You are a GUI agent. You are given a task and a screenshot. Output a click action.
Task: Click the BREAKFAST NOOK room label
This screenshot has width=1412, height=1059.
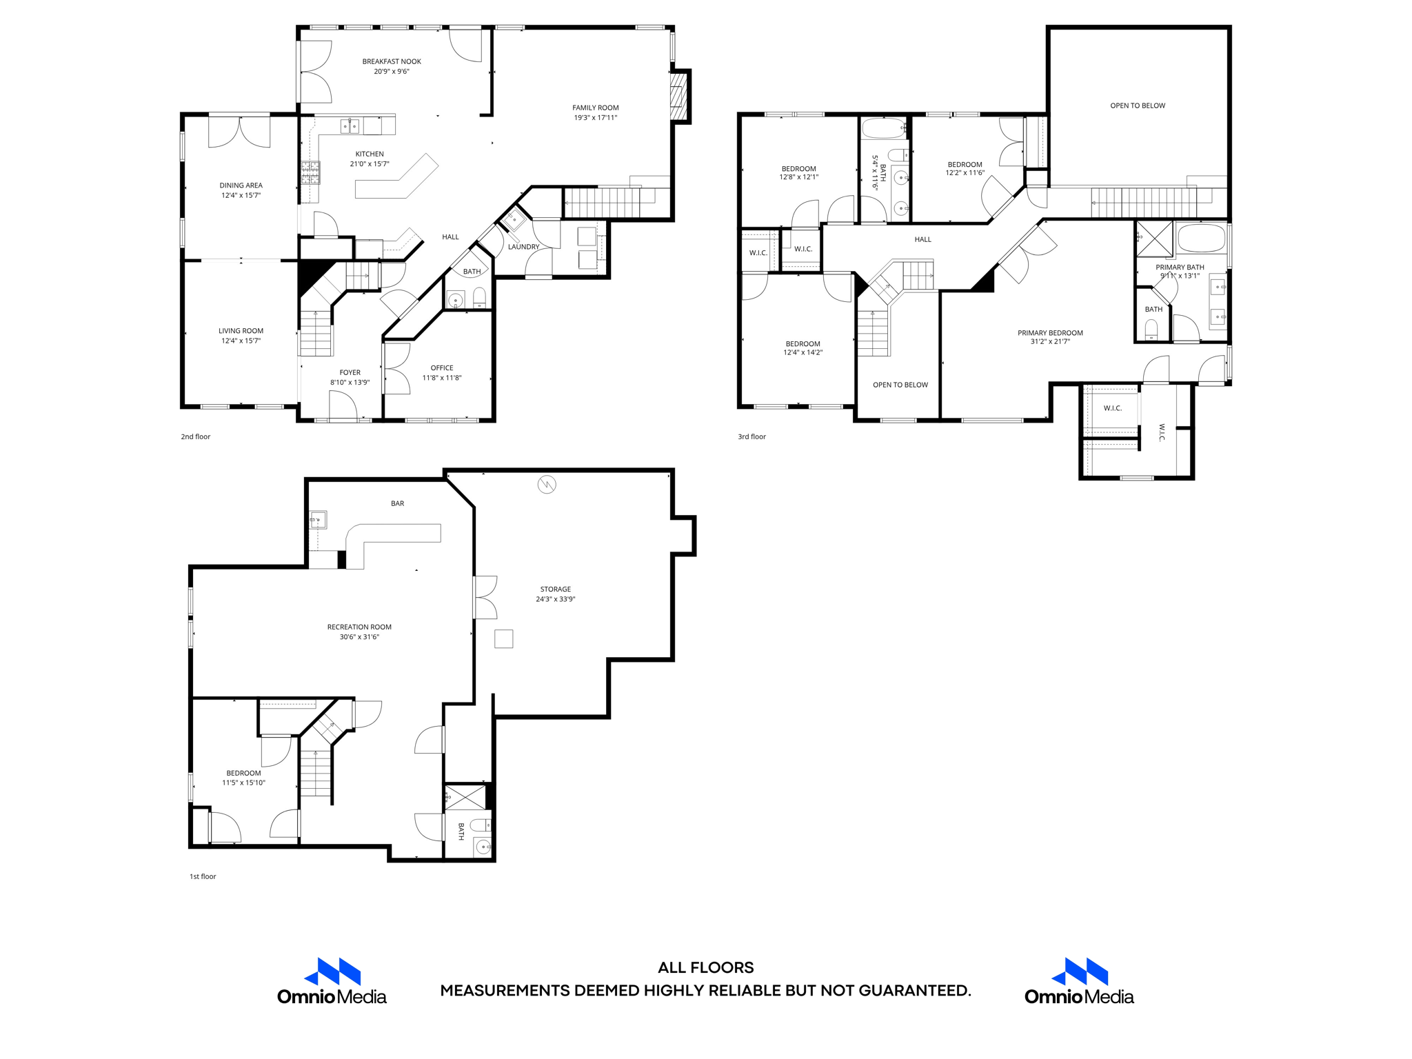[x=392, y=61]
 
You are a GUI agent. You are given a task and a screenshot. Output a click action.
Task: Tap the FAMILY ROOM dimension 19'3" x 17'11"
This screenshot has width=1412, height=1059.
[x=595, y=118]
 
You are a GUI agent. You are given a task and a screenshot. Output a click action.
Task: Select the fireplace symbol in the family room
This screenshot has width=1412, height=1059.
[x=679, y=97]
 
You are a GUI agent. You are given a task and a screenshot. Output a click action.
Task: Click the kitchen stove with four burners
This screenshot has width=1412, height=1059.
[x=310, y=172]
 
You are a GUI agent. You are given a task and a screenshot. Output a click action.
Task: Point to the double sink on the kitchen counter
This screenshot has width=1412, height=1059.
[x=350, y=126]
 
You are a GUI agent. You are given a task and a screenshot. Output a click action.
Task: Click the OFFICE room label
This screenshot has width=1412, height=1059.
[x=442, y=367]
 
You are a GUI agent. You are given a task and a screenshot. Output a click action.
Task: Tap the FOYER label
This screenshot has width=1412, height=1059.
[x=350, y=372]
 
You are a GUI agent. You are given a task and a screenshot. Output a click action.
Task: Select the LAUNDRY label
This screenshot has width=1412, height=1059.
[x=523, y=247]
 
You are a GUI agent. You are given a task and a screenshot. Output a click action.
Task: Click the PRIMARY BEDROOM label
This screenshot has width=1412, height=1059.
[x=1050, y=333]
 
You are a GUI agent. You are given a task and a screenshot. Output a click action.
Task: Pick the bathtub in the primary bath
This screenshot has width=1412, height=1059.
[x=1201, y=239]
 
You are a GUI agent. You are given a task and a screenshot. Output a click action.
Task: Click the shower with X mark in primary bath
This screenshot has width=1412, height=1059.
[x=1154, y=239]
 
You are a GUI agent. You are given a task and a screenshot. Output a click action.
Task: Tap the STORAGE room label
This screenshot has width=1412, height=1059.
[x=555, y=589]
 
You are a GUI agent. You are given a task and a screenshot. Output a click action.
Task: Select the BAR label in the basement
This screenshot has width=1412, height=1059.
[x=397, y=503]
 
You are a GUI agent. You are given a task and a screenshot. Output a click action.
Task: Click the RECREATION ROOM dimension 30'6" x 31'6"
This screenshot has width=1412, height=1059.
[x=359, y=637]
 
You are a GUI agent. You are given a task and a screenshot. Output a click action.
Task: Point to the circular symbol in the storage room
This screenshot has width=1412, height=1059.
[x=547, y=485]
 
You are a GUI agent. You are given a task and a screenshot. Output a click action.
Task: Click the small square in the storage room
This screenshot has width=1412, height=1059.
[x=504, y=638]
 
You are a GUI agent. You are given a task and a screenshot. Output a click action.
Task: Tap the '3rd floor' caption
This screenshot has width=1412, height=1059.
[x=752, y=436]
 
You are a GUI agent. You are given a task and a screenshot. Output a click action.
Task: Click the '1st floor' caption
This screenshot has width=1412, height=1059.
[x=203, y=876]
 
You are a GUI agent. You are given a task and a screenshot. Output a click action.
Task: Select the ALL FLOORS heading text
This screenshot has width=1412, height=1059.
[x=705, y=967]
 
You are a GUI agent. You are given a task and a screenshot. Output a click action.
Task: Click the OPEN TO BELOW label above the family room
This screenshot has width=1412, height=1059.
[x=1137, y=105]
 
